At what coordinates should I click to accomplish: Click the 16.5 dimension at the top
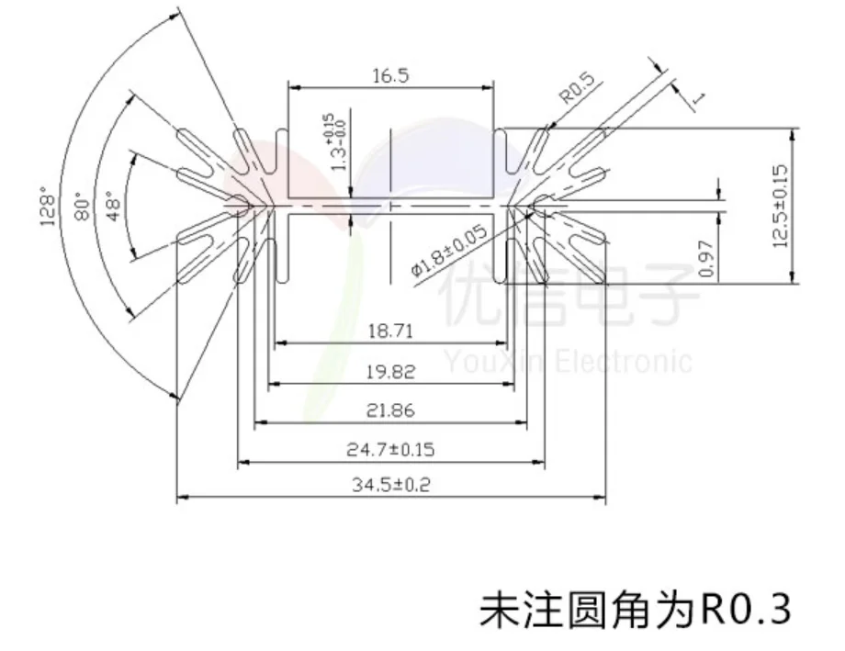tap(389, 76)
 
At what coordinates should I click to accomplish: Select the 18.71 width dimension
tap(389, 331)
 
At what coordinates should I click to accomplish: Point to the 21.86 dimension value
tap(390, 410)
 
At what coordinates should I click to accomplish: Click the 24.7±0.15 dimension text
tap(390, 450)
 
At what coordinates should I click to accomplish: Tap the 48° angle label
tap(114, 208)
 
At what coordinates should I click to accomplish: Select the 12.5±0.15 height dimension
tap(782, 207)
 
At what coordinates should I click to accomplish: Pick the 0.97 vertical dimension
tap(706, 260)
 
